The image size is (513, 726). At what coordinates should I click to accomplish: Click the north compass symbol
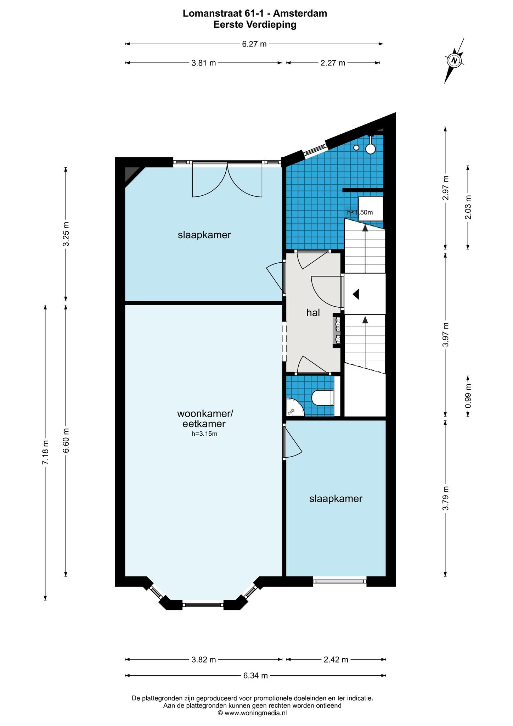pyautogui.click(x=454, y=61)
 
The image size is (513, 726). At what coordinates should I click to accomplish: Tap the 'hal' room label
pyautogui.click(x=313, y=313)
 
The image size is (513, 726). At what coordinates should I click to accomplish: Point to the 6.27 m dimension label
pyautogui.click(x=254, y=44)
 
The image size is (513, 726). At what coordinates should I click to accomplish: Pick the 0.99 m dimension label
pyautogui.click(x=468, y=396)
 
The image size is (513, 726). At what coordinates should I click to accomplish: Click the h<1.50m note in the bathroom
pyautogui.click(x=360, y=212)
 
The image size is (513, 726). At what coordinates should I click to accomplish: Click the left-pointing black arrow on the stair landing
pyautogui.click(x=356, y=294)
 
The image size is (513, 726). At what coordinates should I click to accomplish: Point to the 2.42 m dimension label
pyautogui.click(x=336, y=660)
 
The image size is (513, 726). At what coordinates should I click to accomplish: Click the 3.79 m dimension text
pyautogui.click(x=446, y=498)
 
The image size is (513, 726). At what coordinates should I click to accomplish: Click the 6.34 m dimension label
pyautogui.click(x=255, y=676)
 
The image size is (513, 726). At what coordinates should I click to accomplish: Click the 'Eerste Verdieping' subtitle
pyautogui.click(x=255, y=24)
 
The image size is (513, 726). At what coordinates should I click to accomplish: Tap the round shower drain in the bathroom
pyautogui.click(x=356, y=147)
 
